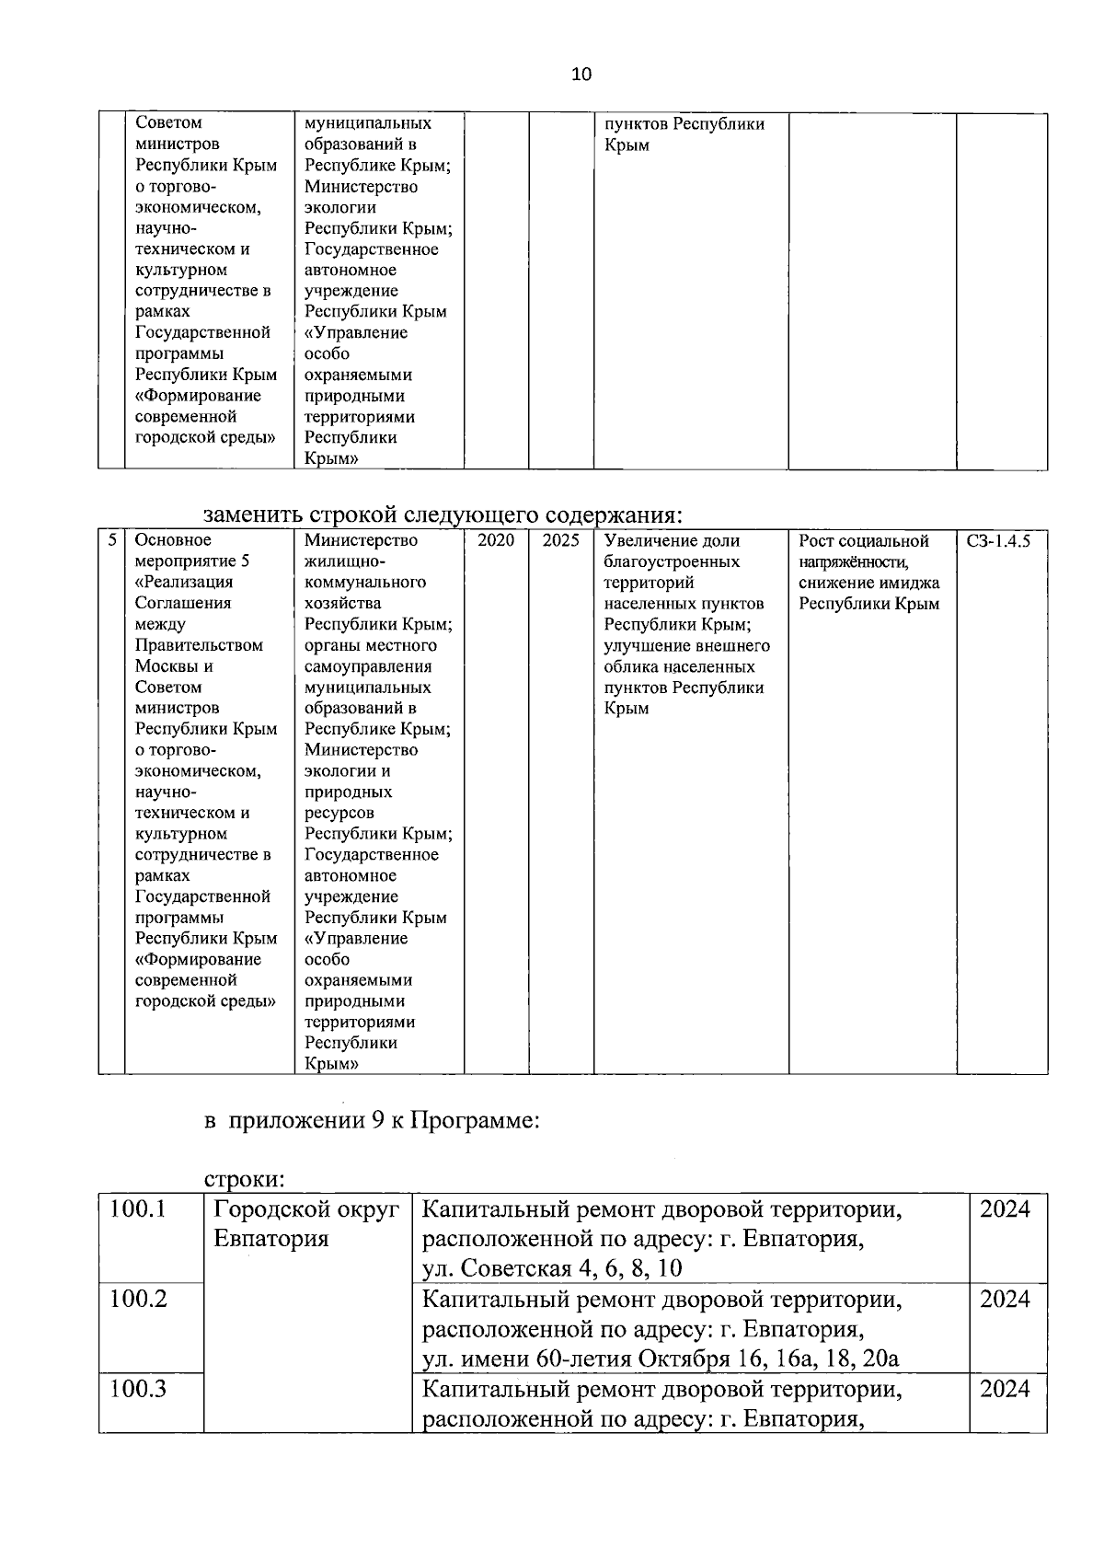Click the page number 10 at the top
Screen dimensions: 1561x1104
(x=581, y=75)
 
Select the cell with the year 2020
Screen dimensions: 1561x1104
(x=496, y=541)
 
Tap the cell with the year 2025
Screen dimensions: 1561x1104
(x=560, y=541)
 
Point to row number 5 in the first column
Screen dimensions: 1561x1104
(x=111, y=540)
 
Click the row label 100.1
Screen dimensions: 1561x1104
(x=138, y=1209)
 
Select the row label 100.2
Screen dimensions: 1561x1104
(x=138, y=1300)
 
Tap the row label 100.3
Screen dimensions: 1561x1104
(x=138, y=1389)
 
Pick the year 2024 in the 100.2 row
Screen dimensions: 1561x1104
(x=1005, y=1300)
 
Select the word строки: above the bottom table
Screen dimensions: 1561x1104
(x=243, y=1180)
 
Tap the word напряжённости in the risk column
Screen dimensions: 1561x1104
(x=854, y=562)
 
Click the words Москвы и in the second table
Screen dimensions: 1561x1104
(x=174, y=666)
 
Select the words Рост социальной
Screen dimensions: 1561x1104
(x=864, y=541)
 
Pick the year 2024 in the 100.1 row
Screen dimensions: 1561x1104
(x=1005, y=1209)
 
